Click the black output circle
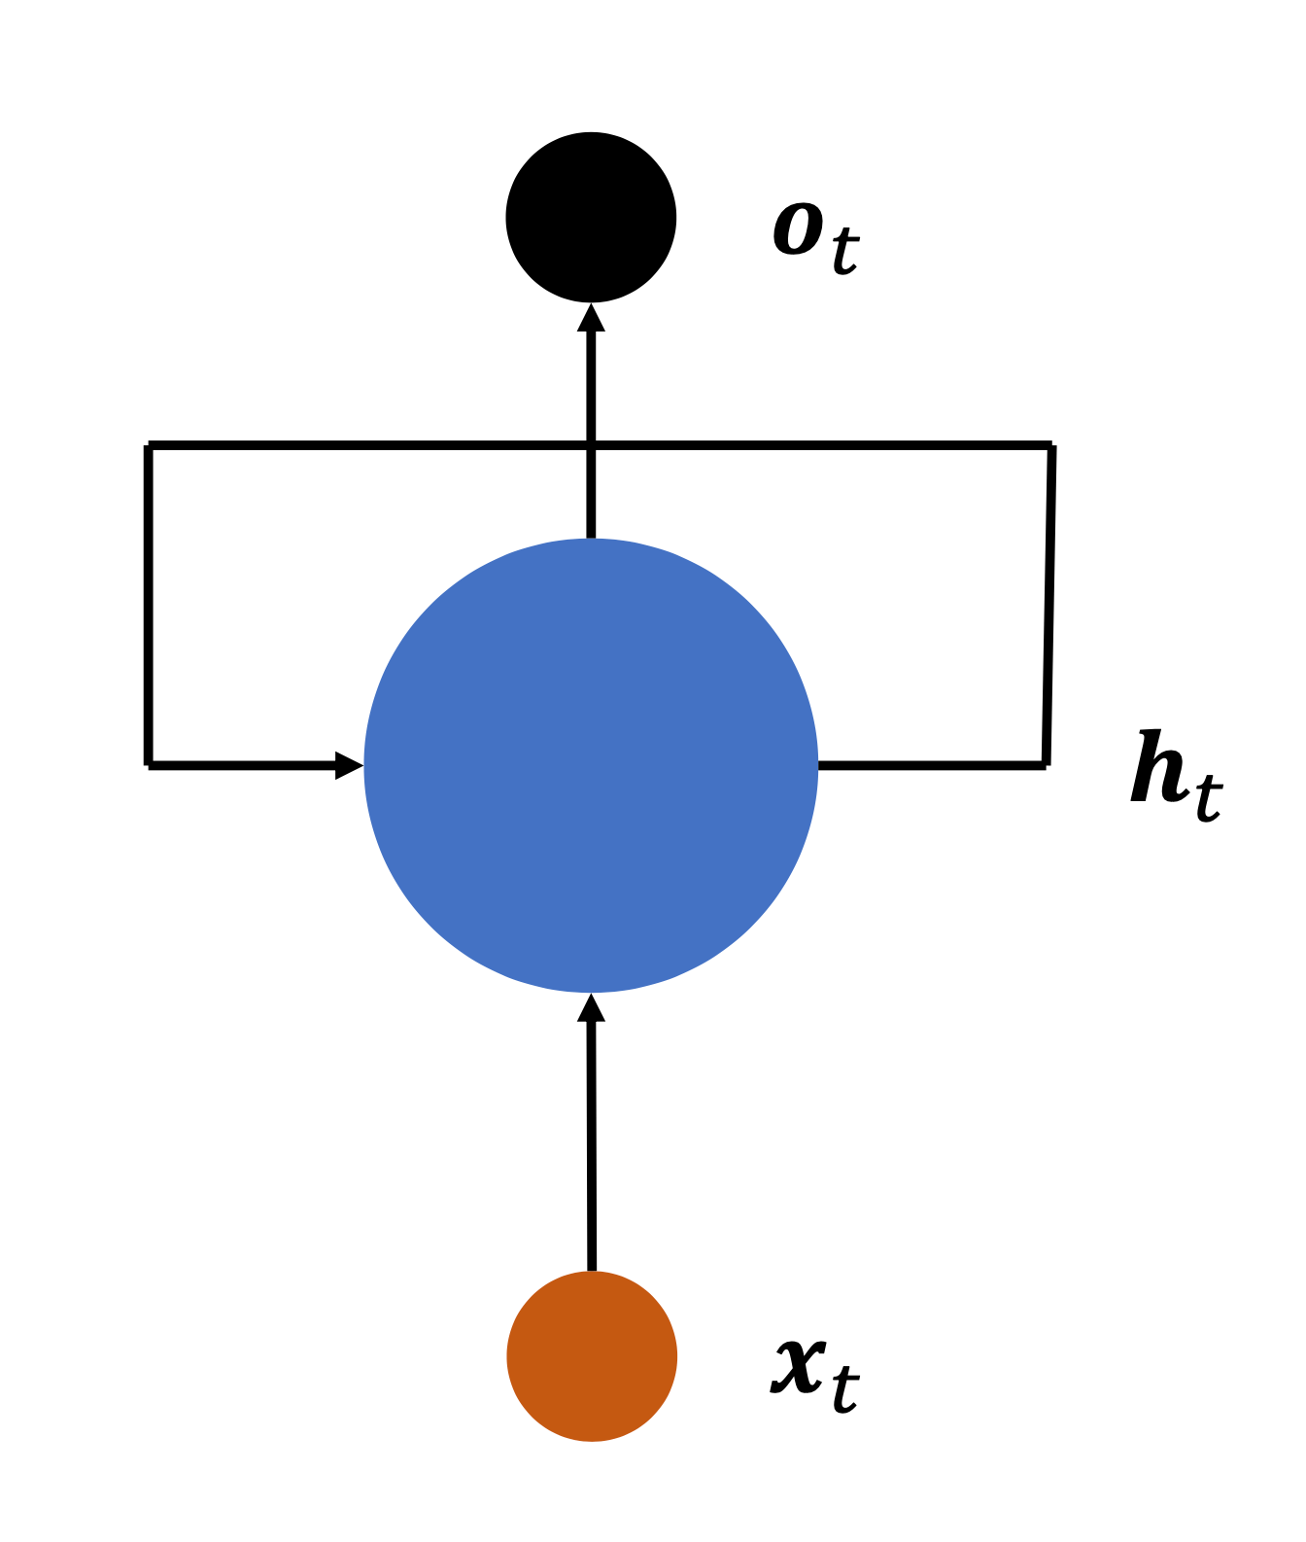tap(591, 218)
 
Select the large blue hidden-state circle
tap(591, 765)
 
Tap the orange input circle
tap(591, 1355)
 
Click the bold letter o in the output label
tap(798, 230)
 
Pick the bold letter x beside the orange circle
tap(799, 1365)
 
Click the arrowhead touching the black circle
tap(591, 318)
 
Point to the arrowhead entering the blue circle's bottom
tap(591, 1008)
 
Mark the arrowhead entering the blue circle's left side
tap(349, 765)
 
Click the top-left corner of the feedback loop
tap(149, 446)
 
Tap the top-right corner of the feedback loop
tap(1051, 446)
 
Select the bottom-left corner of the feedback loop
tap(149, 765)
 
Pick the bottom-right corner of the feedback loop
tap(1045, 765)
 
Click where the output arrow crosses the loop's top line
tap(591, 446)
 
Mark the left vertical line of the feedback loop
tap(149, 603)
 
